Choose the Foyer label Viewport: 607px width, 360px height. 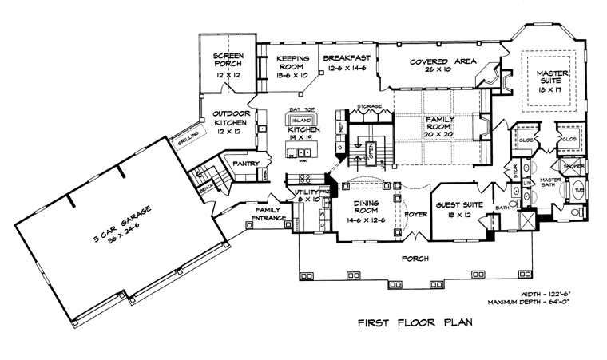(x=415, y=213)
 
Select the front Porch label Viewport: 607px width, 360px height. (x=416, y=259)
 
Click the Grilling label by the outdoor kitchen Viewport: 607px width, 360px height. (x=187, y=139)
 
